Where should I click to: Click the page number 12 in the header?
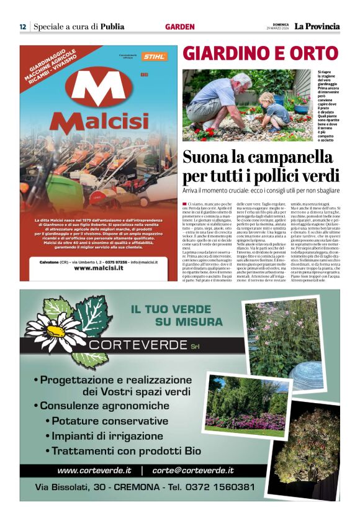point(22,27)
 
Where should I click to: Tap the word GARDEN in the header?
point(180,27)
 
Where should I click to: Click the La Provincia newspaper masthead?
point(317,26)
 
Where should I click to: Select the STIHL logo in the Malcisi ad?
point(154,57)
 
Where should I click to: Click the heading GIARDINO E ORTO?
point(260,53)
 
